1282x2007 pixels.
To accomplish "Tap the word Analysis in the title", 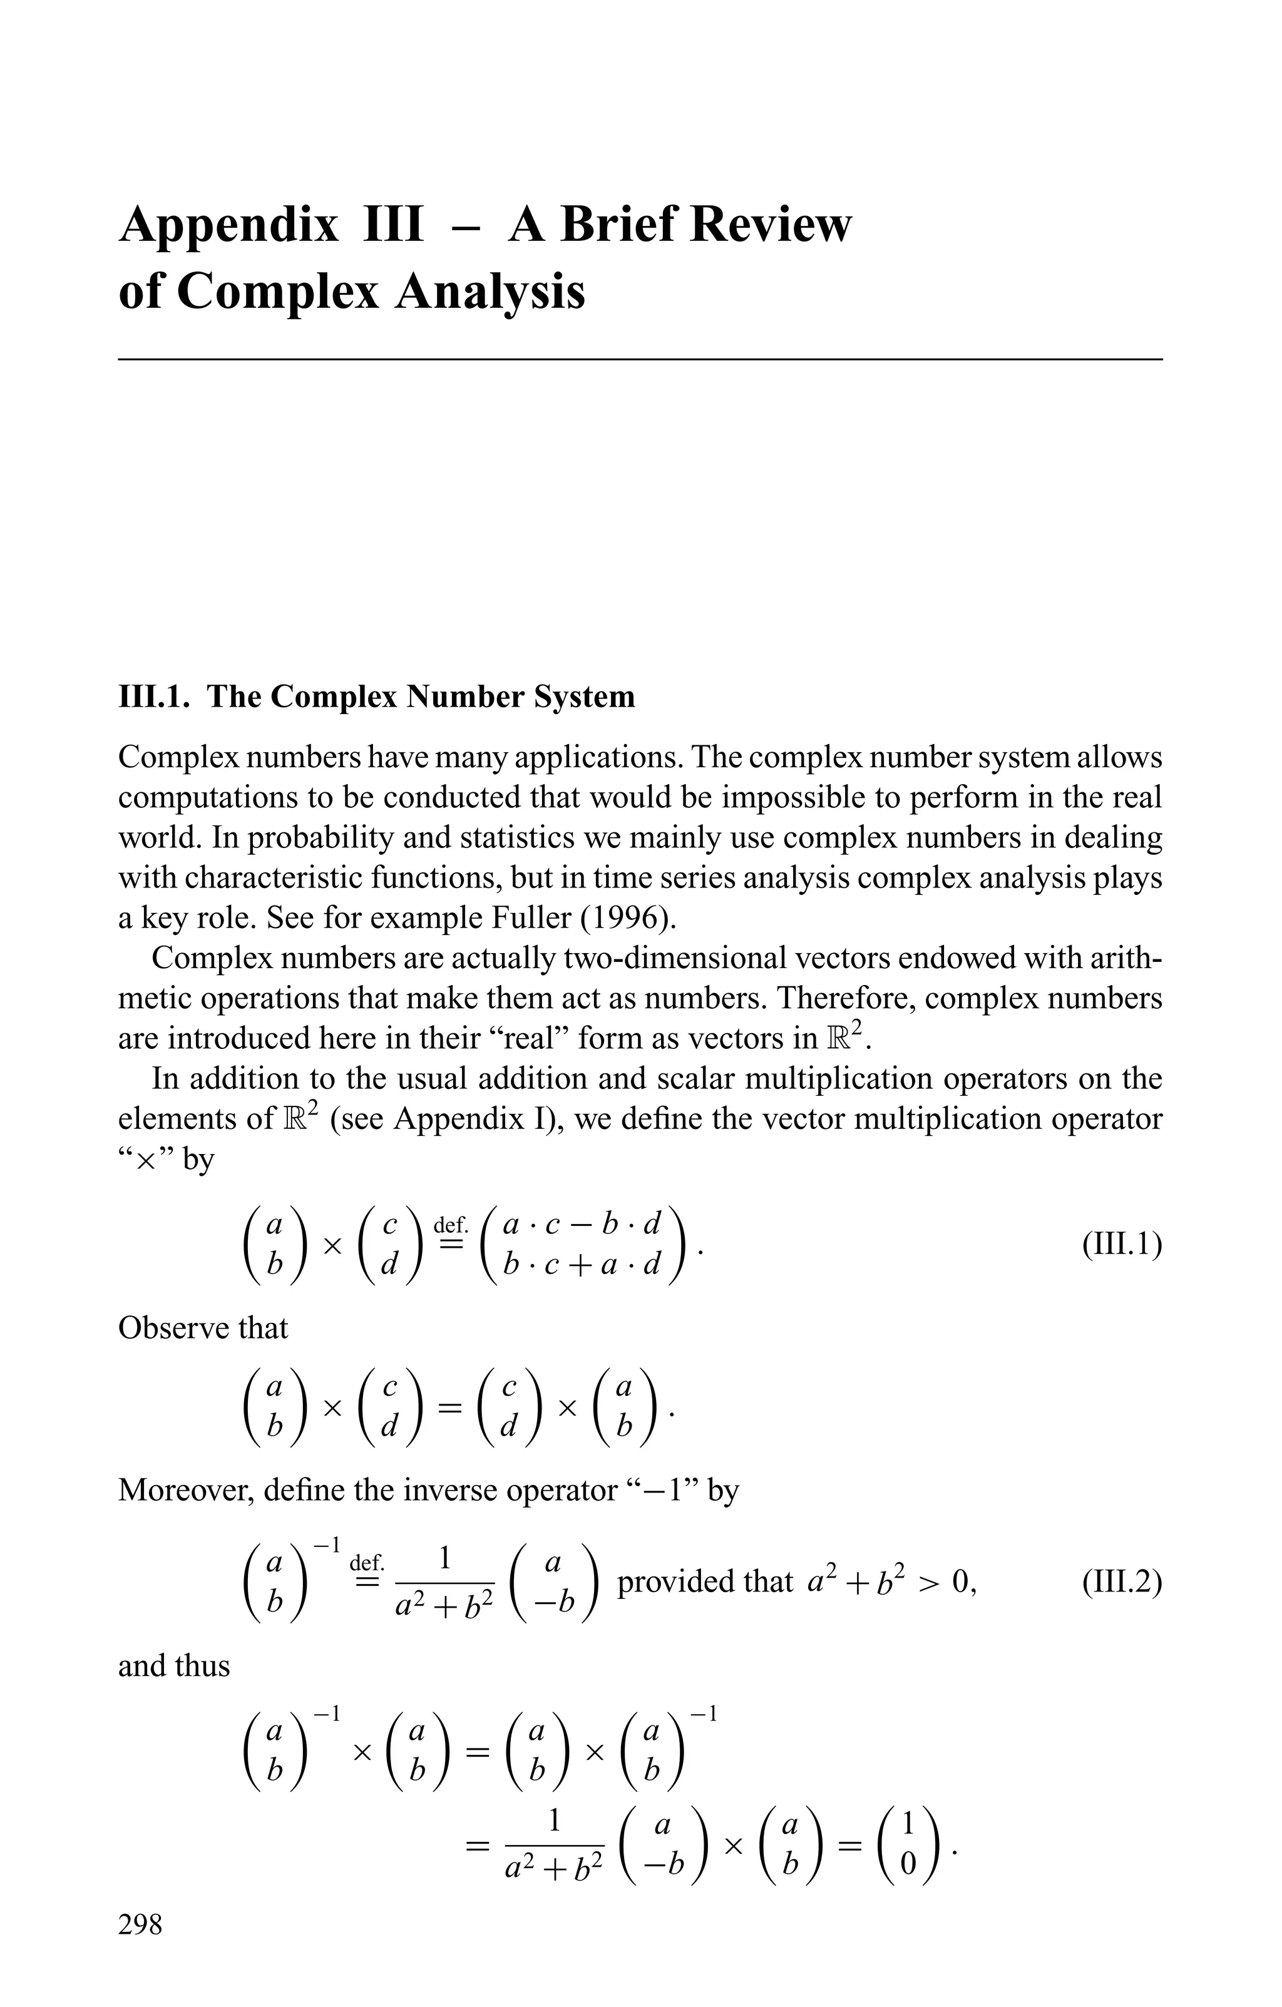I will click(x=490, y=294).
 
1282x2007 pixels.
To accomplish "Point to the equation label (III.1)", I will click(x=1121, y=1246).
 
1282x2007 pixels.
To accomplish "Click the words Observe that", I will click(x=203, y=1328).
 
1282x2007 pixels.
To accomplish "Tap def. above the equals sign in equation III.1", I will click(x=451, y=1225).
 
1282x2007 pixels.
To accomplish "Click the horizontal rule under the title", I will click(x=640, y=359).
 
